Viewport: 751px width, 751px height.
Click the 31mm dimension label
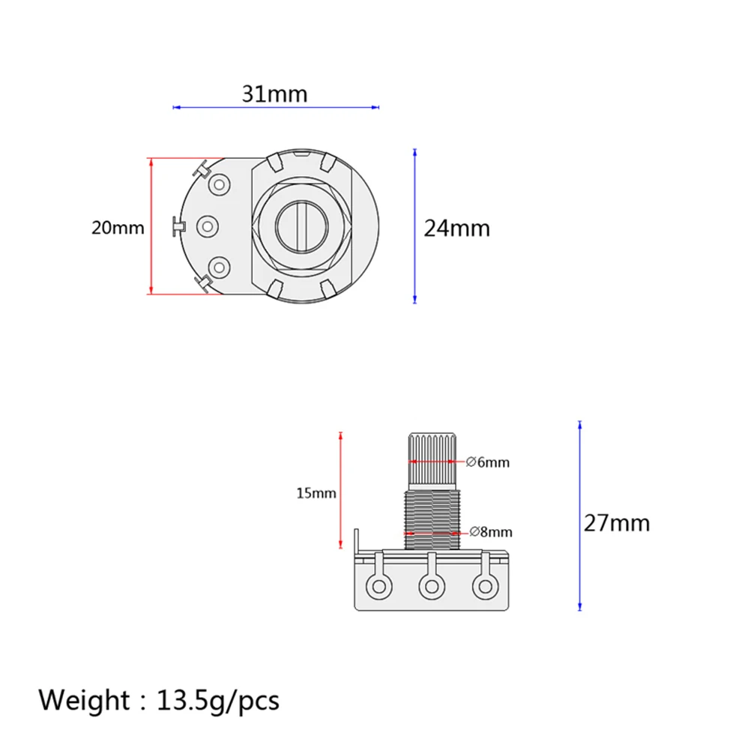coord(274,94)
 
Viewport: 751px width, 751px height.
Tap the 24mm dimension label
coord(456,227)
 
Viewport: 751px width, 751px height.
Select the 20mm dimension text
coord(118,228)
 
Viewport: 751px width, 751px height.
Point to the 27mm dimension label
coord(616,522)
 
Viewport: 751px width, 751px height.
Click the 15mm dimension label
coord(316,493)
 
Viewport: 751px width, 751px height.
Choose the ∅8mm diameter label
coord(491,533)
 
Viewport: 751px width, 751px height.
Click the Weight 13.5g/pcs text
coord(160,700)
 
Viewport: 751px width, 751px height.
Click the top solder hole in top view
coord(219,184)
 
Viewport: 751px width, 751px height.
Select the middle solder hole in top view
coord(206,225)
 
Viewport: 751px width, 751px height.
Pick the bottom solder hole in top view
coord(219,266)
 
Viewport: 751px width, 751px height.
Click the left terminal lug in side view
coord(378,585)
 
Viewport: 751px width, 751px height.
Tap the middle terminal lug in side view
coord(432,585)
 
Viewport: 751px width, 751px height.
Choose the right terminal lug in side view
coord(485,585)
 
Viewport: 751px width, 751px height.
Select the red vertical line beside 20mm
coord(151,226)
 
